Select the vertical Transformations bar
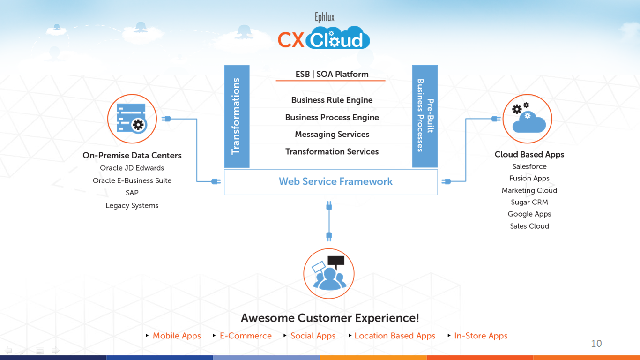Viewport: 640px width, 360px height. point(237,116)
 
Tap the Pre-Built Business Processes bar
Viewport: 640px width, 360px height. point(425,116)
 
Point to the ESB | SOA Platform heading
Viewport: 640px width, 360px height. point(332,74)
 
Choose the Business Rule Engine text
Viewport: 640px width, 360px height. point(332,100)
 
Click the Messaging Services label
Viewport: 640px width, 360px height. point(332,135)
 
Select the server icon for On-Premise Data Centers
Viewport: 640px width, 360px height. point(132,119)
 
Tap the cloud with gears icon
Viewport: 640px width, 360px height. point(527,119)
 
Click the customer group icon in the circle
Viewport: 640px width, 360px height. point(329,273)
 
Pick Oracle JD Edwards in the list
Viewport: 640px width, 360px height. point(132,168)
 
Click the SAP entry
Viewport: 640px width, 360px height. point(132,193)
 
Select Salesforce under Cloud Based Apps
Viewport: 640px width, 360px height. point(529,166)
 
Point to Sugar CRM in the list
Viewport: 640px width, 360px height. point(529,202)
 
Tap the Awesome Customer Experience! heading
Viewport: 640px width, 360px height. point(330,318)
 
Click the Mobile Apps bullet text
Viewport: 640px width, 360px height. point(177,336)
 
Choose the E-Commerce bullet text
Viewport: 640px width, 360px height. point(246,336)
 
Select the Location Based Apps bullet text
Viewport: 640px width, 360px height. point(394,336)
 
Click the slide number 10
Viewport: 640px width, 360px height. point(596,344)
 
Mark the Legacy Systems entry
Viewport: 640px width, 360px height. point(132,205)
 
